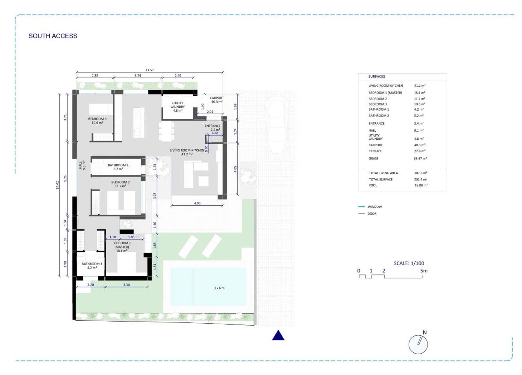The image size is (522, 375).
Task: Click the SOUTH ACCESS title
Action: tap(53, 36)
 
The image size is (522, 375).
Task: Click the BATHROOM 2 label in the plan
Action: tap(118, 167)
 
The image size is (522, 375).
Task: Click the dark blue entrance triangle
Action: tap(278, 336)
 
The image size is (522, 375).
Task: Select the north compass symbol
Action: tap(419, 343)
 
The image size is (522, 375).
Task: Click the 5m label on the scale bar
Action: tap(424, 271)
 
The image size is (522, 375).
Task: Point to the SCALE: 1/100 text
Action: tap(409, 263)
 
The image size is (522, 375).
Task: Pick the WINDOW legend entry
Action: tap(375, 207)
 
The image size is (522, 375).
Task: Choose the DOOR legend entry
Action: tap(372, 213)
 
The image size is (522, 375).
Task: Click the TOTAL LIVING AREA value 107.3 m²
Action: tap(421, 173)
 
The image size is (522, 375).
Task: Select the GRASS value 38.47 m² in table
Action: tap(421, 158)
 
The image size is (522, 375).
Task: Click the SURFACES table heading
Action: tap(377, 77)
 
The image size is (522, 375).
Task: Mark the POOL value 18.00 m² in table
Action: tap(421, 186)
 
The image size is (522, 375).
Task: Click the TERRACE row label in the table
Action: tap(375, 151)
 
